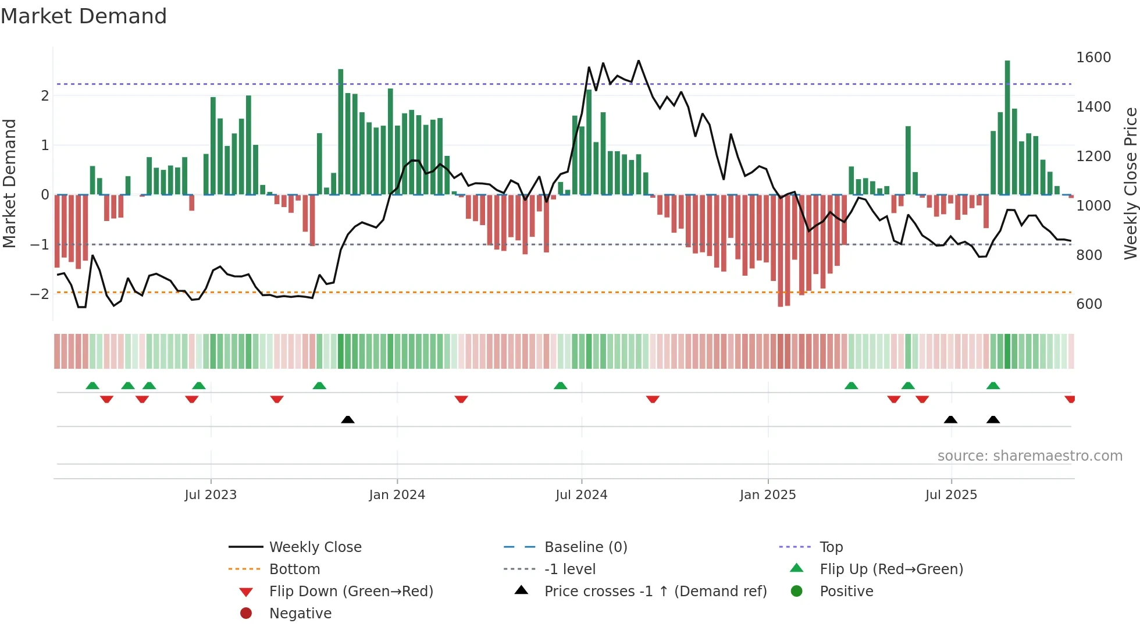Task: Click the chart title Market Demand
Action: [x=84, y=16]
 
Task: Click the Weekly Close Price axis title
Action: [x=1130, y=183]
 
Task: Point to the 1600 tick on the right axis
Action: [x=1093, y=58]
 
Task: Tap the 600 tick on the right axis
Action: [x=1089, y=304]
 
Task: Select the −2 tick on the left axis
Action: [x=40, y=294]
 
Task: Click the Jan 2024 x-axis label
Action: [x=397, y=495]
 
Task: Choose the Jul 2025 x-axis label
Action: [x=951, y=495]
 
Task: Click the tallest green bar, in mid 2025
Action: [x=1007, y=128]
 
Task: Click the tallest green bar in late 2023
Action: [x=340, y=131]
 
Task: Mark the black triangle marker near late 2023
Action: [x=347, y=419]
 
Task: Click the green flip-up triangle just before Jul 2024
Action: [x=560, y=386]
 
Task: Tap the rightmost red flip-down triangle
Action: [x=1070, y=399]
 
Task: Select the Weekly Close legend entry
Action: [x=315, y=547]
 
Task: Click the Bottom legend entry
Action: [x=294, y=569]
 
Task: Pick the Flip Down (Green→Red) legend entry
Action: [x=351, y=592]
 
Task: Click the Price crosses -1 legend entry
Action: [x=655, y=592]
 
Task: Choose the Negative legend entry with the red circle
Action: [x=300, y=614]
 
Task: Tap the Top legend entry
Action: [x=831, y=547]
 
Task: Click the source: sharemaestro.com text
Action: [x=1029, y=456]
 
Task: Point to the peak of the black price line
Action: [x=638, y=60]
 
